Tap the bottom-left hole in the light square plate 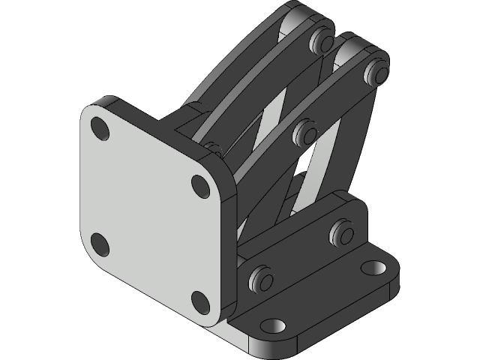[x=99, y=244]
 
